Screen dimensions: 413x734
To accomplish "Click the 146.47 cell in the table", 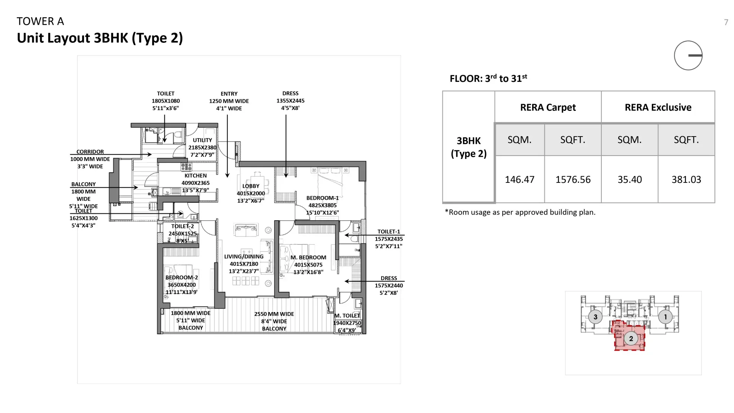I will tap(519, 179).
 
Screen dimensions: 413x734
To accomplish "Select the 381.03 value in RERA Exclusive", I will tap(686, 179).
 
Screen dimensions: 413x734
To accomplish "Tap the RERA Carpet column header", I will tap(548, 107).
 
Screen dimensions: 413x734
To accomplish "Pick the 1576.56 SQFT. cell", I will tap(573, 179).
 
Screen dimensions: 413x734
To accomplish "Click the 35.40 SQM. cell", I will tap(630, 179).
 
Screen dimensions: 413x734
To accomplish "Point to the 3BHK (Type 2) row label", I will tap(469, 147).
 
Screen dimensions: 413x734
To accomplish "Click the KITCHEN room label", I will tap(195, 176).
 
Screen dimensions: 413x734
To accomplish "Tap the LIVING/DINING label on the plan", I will tap(244, 257).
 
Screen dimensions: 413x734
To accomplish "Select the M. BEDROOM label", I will tap(308, 257).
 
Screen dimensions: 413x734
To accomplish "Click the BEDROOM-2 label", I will tap(182, 278).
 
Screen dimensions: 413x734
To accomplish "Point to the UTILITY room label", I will tap(202, 140).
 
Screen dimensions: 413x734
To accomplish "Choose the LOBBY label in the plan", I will tap(251, 186).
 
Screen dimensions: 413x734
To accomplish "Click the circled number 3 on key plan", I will tap(595, 317).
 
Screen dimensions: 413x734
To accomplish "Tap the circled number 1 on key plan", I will tap(665, 317).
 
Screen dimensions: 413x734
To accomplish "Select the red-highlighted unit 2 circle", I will tap(631, 338).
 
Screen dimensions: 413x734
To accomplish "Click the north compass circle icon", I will tap(688, 55).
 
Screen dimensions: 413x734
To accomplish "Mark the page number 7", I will tap(726, 22).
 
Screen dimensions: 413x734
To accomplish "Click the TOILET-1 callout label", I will tap(388, 232).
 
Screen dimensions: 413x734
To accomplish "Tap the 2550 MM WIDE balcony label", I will tap(274, 314).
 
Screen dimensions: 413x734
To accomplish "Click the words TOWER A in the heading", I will tap(40, 21).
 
